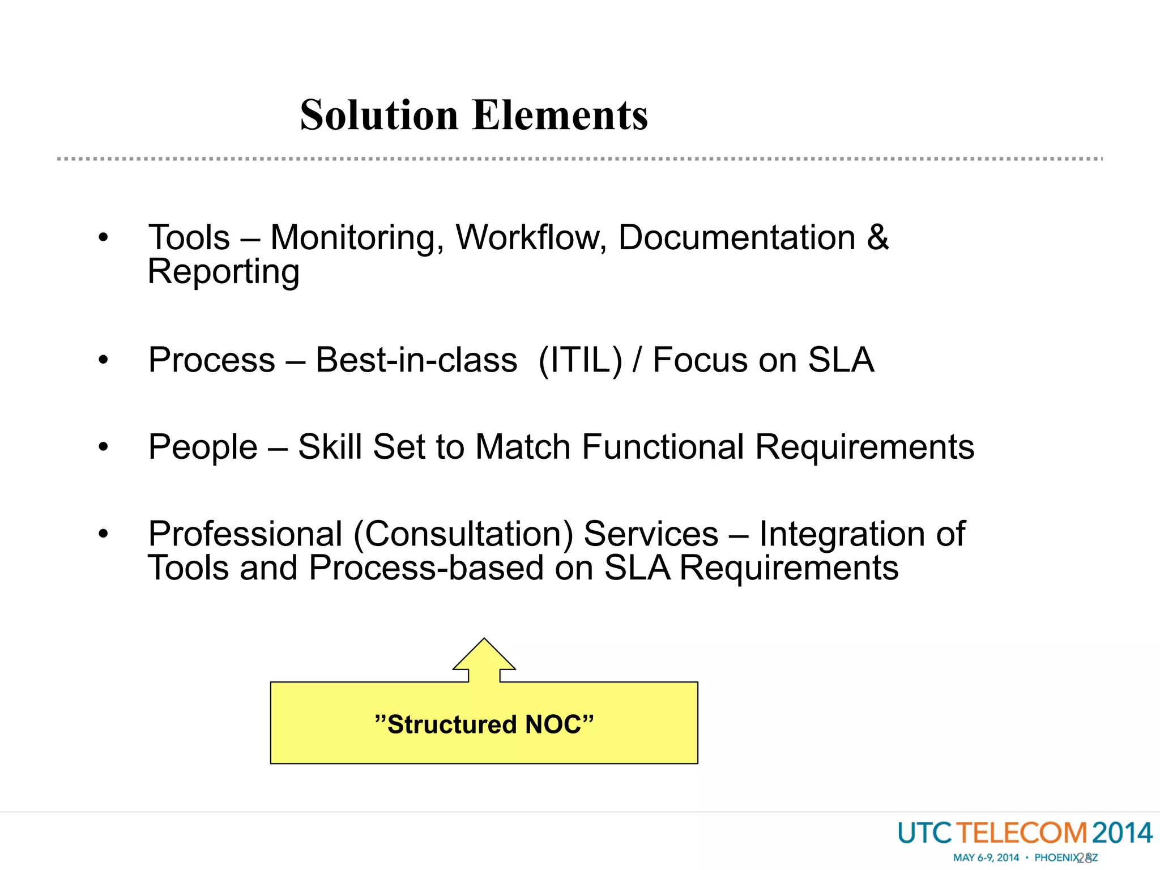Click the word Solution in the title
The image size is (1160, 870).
click(x=378, y=115)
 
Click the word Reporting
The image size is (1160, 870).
click(x=223, y=272)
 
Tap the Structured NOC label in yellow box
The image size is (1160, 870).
click(x=484, y=724)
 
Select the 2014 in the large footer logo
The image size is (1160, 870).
click(x=1122, y=833)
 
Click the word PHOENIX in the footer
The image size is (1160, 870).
click(x=1057, y=858)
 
